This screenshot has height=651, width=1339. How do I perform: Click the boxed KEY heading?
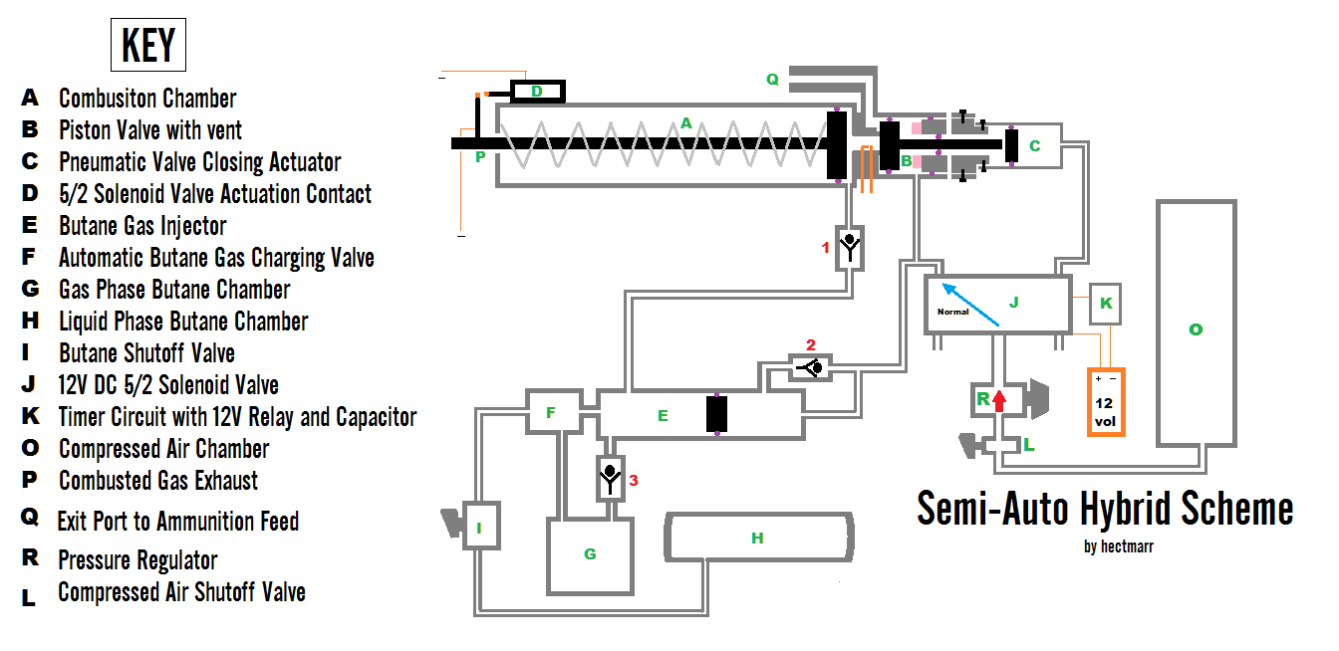(147, 46)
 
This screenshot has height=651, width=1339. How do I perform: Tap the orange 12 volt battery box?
(1105, 401)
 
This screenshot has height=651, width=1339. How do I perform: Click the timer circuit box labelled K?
(1106, 303)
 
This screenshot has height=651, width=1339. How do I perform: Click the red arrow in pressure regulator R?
(1000, 401)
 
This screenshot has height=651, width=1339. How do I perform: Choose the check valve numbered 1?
(850, 248)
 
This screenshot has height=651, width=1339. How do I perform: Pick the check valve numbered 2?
(811, 368)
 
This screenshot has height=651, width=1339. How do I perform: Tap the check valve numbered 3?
(610, 479)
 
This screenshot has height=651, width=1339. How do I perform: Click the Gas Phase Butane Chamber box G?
(590, 553)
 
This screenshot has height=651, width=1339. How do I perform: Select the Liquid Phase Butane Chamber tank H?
(758, 539)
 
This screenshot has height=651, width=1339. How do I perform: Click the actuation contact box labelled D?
(537, 92)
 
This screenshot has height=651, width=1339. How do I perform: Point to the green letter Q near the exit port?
(772, 80)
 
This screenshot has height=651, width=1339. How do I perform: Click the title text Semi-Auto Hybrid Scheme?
(1105, 509)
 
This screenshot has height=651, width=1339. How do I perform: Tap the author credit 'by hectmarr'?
(1118, 546)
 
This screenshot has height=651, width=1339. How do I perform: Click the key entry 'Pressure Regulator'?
(137, 559)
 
